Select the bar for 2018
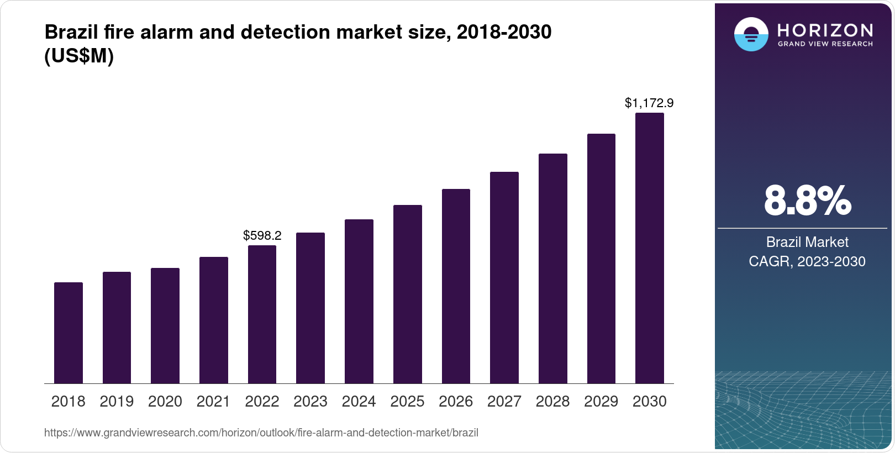pos(69,333)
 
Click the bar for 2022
pos(262,314)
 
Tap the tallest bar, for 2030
pos(649,248)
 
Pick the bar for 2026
pos(456,286)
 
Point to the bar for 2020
pos(165,325)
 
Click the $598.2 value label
pos(262,236)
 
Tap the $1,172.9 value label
pos(649,103)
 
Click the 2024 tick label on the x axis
pos(359,402)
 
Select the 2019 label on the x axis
pos(117,402)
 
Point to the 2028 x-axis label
pos(552,402)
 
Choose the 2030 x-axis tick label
pos(649,402)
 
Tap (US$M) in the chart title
pos(78,56)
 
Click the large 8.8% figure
pos(807,201)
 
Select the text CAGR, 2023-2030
pos(807,261)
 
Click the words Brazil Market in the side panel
pos(807,242)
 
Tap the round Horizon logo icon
pos(751,34)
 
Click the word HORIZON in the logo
pos(825,30)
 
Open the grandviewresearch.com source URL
pos(261,433)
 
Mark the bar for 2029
pos(601,259)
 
